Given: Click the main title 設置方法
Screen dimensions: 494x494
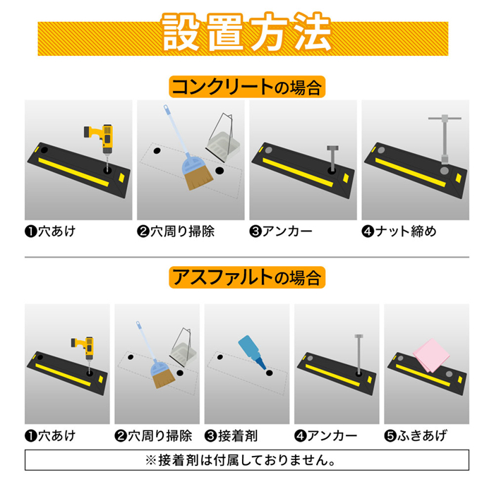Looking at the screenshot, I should point(246,33).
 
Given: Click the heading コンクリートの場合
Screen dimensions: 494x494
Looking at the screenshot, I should point(246,87).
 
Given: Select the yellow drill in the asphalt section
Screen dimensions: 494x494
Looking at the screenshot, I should point(83,348).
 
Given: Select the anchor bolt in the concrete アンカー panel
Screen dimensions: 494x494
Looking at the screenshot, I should point(330,157).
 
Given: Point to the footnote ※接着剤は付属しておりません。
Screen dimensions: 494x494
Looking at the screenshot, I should point(246,461).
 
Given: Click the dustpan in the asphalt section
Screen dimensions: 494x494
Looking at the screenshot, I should point(183,346).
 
